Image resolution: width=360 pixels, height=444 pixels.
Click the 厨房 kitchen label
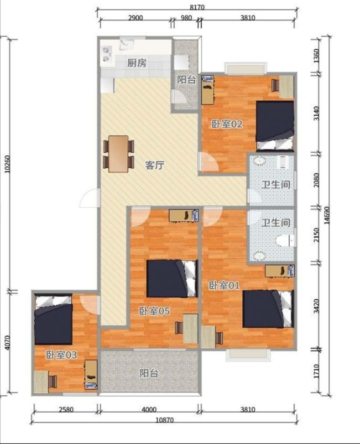(137, 63)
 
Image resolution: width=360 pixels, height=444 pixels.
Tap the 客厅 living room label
(155, 166)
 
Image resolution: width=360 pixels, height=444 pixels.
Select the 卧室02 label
(227, 124)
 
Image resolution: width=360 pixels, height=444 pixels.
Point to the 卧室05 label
(154, 311)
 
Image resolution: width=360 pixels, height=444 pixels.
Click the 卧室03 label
(61, 355)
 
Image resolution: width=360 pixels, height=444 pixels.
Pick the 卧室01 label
(224, 285)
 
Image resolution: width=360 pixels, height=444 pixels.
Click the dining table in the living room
(118, 154)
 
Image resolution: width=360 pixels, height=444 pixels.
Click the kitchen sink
(127, 44)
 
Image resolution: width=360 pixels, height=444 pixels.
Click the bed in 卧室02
(275, 125)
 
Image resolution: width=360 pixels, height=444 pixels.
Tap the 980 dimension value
(186, 18)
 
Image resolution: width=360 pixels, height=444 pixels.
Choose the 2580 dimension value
(66, 409)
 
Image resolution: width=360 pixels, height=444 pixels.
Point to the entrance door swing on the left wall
(89, 198)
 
